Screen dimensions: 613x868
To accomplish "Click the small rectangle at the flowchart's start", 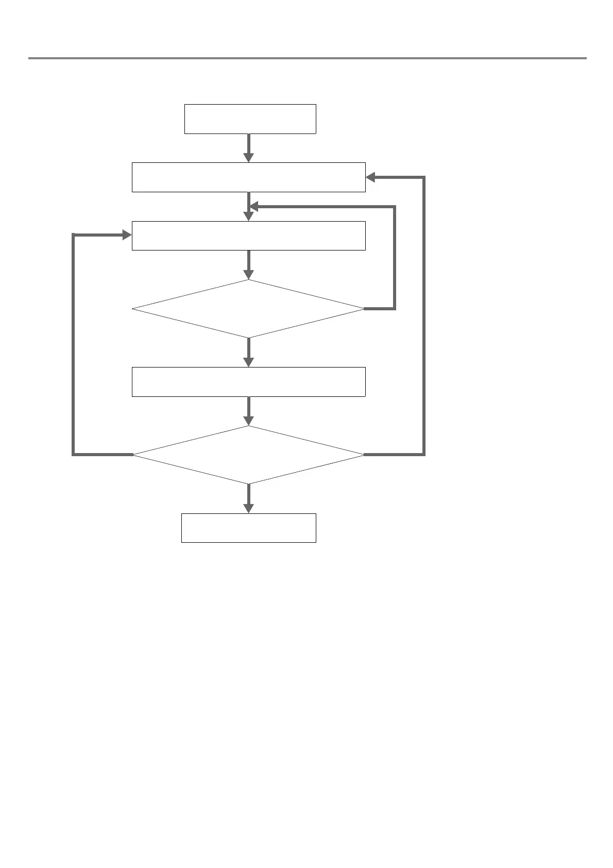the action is pyautogui.click(x=250, y=119).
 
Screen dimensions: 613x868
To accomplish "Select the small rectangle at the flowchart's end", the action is pyautogui.click(x=248, y=528).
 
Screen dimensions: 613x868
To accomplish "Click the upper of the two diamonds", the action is pyautogui.click(x=248, y=309).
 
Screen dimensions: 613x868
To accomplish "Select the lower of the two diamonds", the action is pyautogui.click(x=248, y=455).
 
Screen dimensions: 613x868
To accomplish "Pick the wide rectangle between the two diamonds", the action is pyautogui.click(x=248, y=382).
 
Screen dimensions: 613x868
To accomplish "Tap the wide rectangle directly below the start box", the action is pyautogui.click(x=248, y=177).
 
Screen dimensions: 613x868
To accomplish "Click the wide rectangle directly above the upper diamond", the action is pyautogui.click(x=248, y=236).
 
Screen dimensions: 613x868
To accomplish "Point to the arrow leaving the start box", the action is pyautogui.click(x=248, y=148).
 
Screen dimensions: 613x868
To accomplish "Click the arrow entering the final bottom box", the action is pyautogui.click(x=248, y=498).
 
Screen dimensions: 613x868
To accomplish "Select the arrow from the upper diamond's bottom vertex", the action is pyautogui.click(x=248, y=352).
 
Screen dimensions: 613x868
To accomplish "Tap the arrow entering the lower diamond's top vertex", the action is pyautogui.click(x=248, y=411).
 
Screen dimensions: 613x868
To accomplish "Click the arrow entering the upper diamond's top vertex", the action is pyautogui.click(x=248, y=265).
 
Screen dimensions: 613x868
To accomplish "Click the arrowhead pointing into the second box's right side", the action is pyautogui.click(x=370, y=177).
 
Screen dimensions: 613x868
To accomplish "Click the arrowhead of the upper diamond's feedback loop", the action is pyautogui.click(x=253, y=207).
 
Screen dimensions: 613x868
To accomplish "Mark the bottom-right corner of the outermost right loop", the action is pyautogui.click(x=424, y=455).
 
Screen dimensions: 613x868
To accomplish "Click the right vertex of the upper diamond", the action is pyautogui.click(x=364, y=309).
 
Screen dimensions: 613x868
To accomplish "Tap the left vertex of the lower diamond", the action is pyautogui.click(x=133, y=455).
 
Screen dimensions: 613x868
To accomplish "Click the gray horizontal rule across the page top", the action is pyautogui.click(x=307, y=58).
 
